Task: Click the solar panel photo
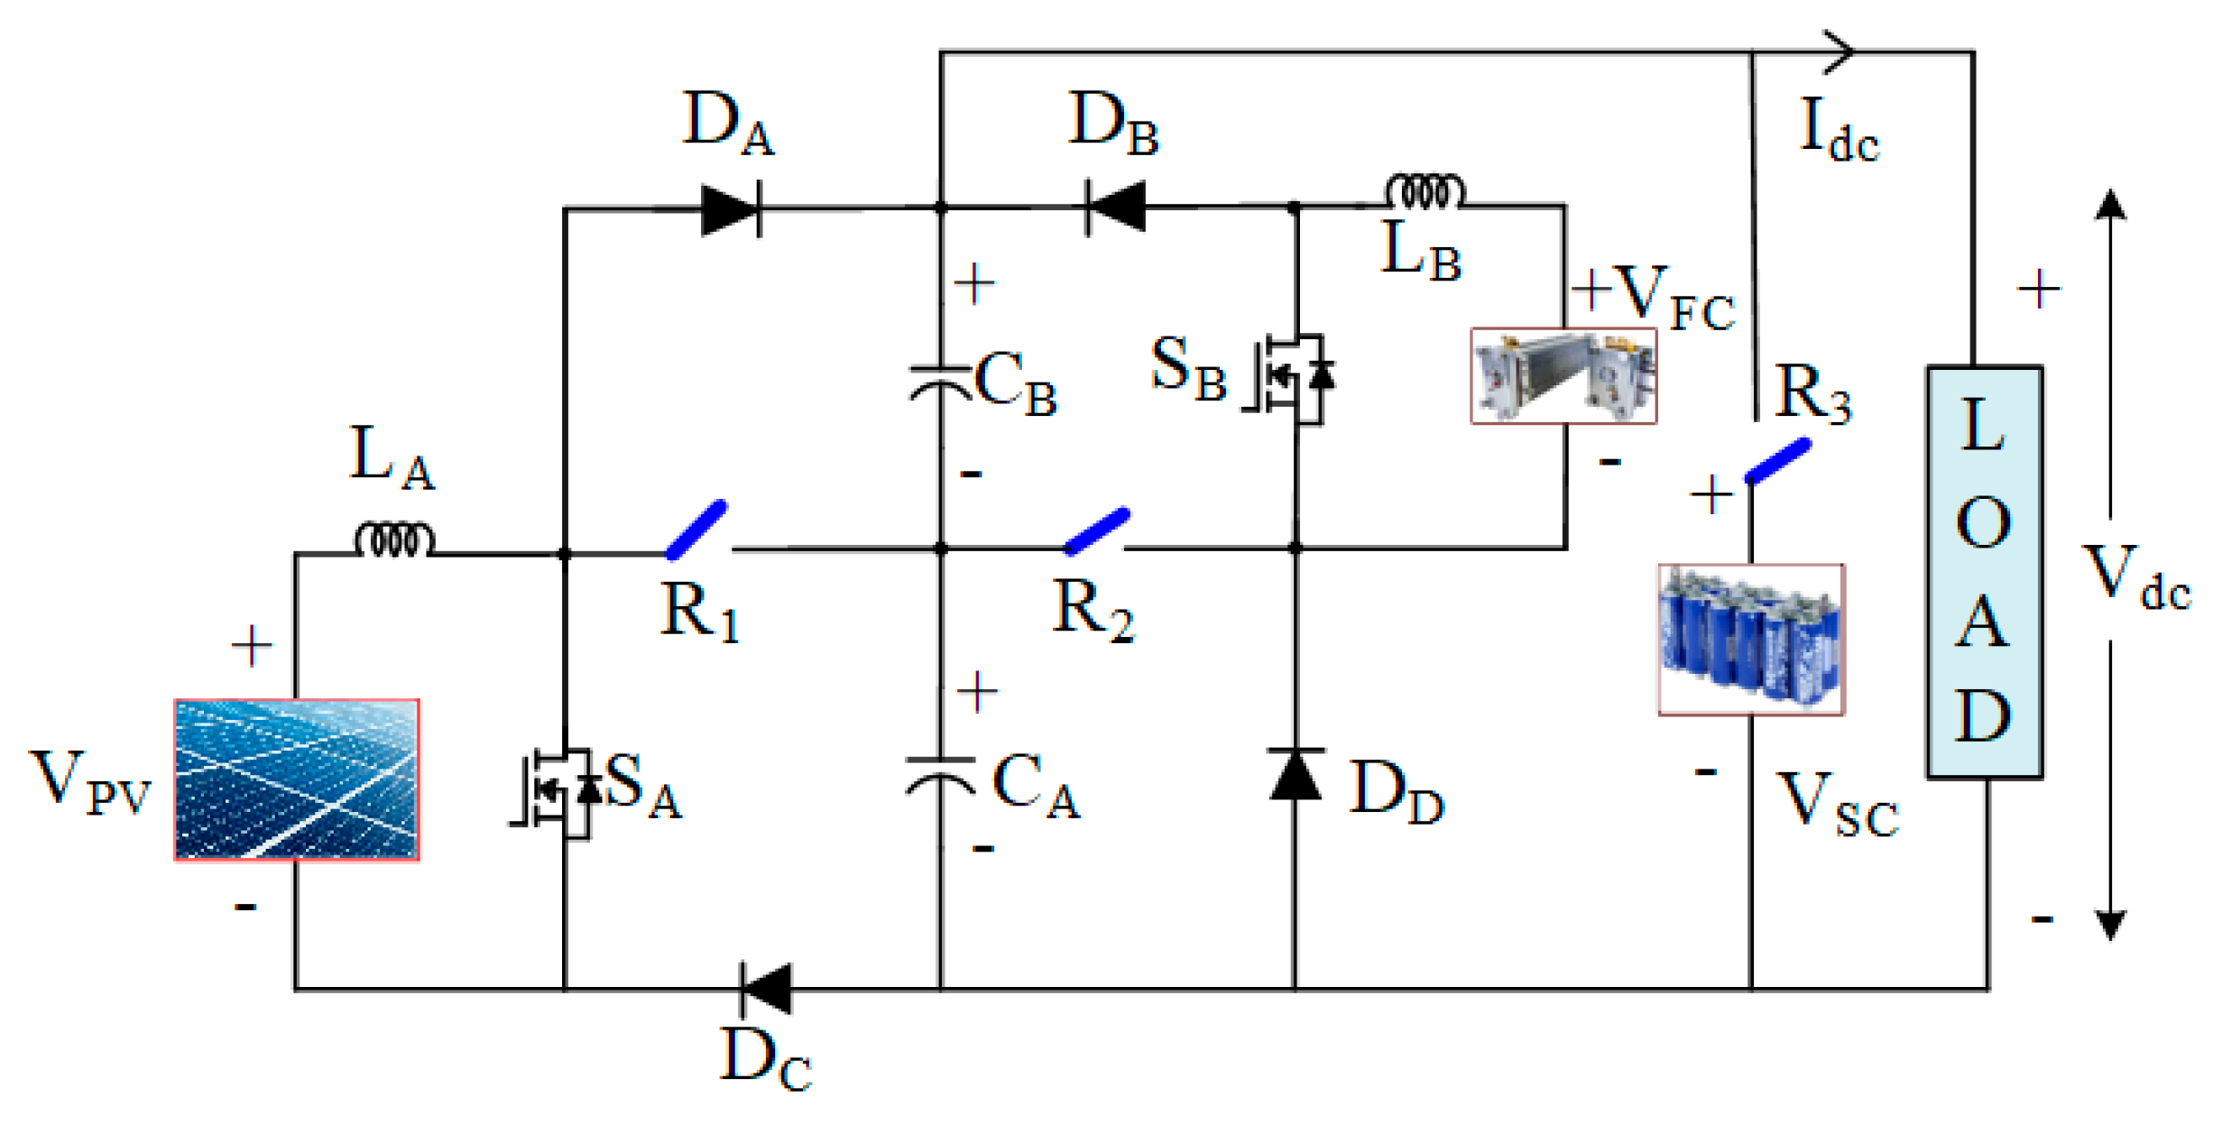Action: click(296, 779)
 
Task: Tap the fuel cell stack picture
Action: click(1563, 375)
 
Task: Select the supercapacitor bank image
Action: click(1750, 640)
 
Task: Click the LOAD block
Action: click(1984, 572)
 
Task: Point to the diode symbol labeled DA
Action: click(731, 209)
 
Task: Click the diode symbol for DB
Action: click(1116, 207)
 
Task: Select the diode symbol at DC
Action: click(766, 989)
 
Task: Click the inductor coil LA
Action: click(394, 540)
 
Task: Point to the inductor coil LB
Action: click(1425, 192)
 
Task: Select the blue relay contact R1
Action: click(696, 530)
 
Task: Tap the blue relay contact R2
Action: click(1097, 530)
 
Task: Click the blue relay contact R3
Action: click(1777, 461)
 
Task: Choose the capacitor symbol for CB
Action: click(940, 383)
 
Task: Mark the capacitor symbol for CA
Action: click(940, 775)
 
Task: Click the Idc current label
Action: click(1838, 133)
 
